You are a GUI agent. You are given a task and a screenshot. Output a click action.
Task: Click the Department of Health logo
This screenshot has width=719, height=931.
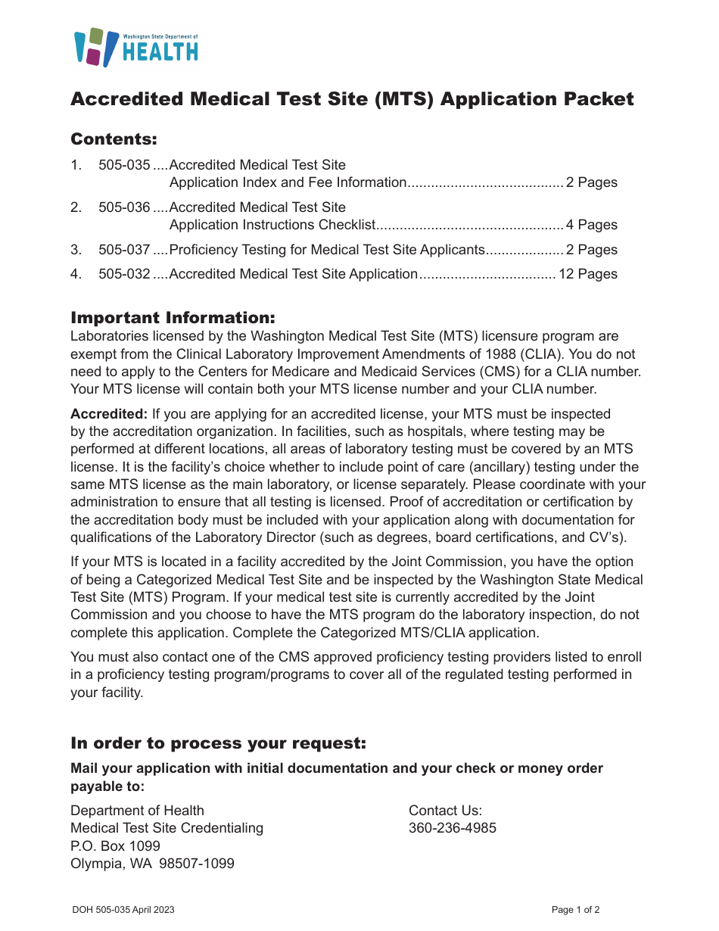pos(136,47)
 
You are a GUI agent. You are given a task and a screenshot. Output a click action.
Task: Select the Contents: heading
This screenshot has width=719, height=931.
pos(114,139)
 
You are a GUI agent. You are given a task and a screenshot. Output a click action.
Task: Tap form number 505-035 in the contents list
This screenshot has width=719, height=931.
pos(124,165)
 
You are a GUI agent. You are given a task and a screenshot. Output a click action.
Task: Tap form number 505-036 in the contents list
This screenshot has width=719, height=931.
pos(124,207)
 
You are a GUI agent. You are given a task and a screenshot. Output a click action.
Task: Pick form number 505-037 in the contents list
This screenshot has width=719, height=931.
pos(124,250)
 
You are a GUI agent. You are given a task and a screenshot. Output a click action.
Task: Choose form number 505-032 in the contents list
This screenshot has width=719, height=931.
pos(124,274)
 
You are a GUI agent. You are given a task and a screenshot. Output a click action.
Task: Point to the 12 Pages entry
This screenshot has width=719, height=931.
pos(588,274)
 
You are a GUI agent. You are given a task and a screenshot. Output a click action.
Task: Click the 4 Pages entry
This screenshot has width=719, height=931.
pos(592,225)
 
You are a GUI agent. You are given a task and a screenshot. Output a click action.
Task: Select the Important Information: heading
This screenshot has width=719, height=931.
pos(173,317)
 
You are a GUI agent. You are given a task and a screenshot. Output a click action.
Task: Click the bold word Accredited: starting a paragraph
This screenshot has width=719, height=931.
pos(109,414)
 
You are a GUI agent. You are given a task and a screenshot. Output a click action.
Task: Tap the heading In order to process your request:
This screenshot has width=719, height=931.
pos(218,743)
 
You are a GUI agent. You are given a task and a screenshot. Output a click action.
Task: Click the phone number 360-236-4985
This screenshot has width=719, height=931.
pos(453,828)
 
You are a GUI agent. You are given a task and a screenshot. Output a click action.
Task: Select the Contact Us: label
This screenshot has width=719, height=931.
pos(445,811)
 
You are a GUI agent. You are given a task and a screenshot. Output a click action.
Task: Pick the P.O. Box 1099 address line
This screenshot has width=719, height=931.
pos(115,845)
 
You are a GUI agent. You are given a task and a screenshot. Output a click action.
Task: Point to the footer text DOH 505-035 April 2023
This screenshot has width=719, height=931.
pos(123,910)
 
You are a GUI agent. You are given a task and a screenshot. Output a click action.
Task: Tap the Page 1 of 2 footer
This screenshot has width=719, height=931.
pos(575,910)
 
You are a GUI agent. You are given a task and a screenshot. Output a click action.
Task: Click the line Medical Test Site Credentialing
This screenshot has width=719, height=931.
pos(167,828)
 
